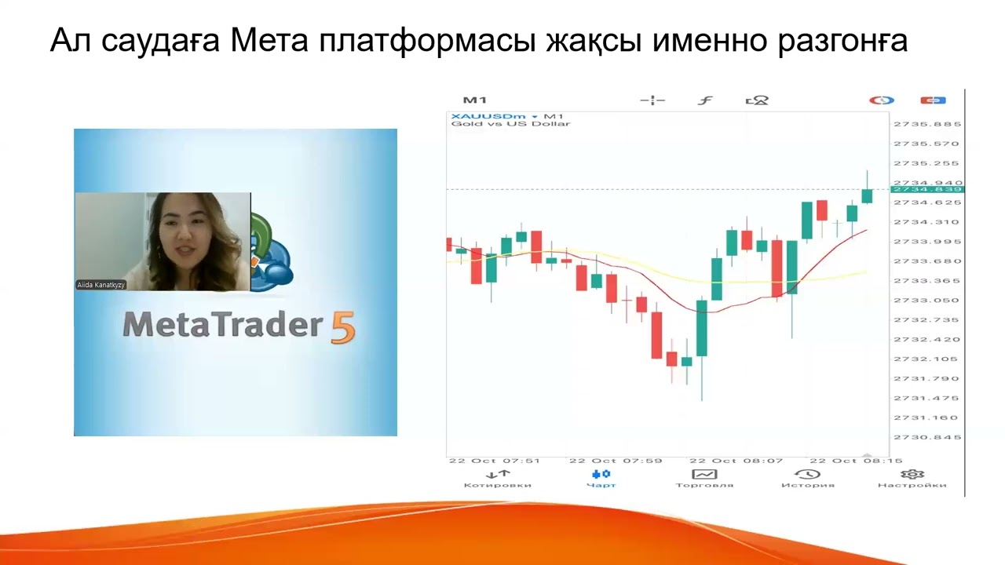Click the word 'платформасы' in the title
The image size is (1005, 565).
tap(428, 41)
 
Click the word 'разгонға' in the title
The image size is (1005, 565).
tap(842, 41)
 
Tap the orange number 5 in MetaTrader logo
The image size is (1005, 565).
tap(343, 328)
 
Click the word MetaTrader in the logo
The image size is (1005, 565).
tap(223, 325)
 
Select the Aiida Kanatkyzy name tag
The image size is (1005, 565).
tap(100, 285)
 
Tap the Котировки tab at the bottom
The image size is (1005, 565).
tap(497, 479)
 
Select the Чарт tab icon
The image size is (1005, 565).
tap(601, 475)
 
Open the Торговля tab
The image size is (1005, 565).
tap(704, 479)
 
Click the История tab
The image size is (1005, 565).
tap(807, 479)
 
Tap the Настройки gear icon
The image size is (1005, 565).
tap(912, 475)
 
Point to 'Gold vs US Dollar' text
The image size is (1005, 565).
tap(510, 124)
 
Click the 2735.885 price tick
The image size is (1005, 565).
tap(927, 124)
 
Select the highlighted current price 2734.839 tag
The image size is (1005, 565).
tap(927, 189)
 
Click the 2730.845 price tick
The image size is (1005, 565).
tap(927, 437)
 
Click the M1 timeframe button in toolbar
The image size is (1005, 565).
tap(474, 100)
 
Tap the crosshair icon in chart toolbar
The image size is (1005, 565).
tap(652, 100)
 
